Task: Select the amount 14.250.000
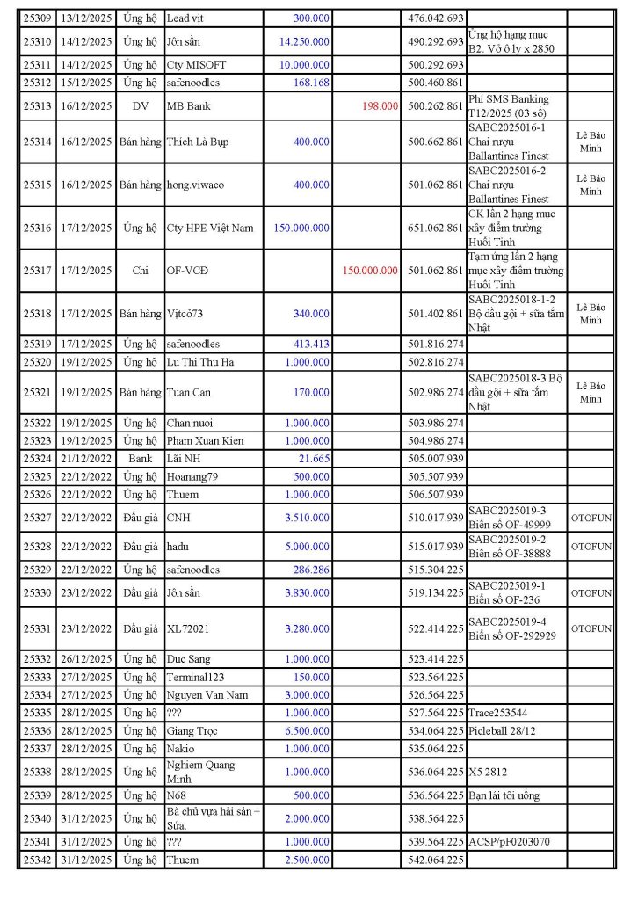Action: point(304,41)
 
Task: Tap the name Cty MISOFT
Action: point(199,65)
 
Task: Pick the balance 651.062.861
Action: point(436,228)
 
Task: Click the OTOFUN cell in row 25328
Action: point(591,546)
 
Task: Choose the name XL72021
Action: point(189,628)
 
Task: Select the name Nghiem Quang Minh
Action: point(201,772)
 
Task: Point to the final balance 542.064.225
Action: point(436,860)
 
